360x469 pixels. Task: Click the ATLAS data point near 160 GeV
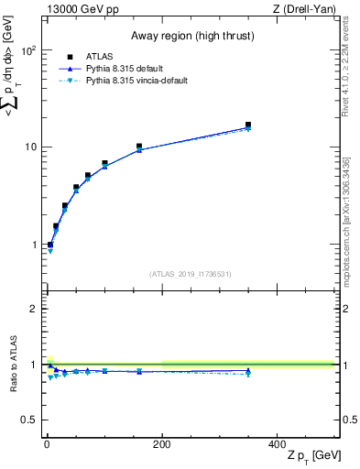[138, 147]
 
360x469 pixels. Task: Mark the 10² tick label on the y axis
[28, 50]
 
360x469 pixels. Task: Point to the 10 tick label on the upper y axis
[30, 147]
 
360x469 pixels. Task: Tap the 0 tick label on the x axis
[47, 443]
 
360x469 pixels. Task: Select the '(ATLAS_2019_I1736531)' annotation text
[189, 274]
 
